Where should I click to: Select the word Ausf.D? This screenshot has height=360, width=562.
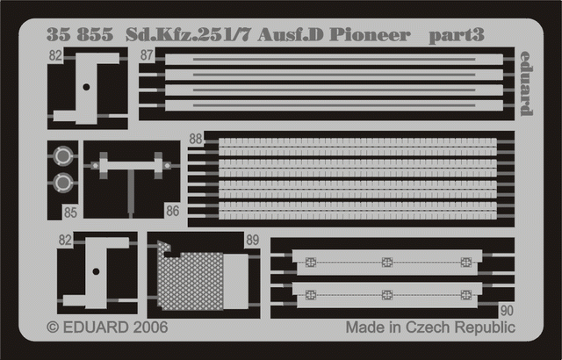point(304,37)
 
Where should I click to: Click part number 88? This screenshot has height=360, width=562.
point(195,138)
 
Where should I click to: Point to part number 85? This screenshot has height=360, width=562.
point(70,211)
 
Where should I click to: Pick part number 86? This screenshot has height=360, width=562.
point(171,211)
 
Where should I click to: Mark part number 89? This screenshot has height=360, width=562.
point(253,240)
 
